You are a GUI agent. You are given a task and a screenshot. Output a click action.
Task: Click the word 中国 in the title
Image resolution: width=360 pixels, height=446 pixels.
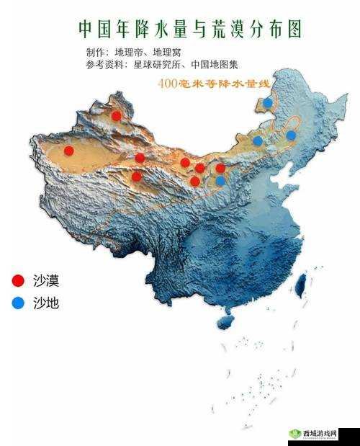click(94, 29)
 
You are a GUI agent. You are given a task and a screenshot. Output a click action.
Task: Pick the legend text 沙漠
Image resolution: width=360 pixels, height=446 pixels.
click(46, 280)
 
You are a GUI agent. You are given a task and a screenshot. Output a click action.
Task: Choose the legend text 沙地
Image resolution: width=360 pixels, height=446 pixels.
click(46, 303)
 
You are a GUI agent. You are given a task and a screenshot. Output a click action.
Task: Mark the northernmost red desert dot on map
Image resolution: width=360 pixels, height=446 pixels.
click(116, 115)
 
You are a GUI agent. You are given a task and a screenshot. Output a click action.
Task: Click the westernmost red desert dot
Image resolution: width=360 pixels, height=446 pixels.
click(68, 150)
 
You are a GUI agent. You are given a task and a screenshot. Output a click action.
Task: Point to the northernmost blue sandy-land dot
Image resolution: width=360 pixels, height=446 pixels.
click(268, 103)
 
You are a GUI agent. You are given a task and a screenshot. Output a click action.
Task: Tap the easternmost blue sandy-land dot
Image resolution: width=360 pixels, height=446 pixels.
click(291, 135)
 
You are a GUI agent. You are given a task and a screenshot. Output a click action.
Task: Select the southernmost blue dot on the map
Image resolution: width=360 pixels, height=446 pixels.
click(220, 181)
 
